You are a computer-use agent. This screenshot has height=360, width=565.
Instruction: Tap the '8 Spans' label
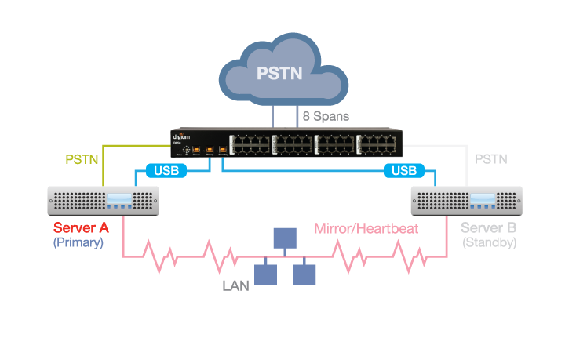coord(326,116)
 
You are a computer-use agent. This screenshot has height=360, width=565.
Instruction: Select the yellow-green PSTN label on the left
coord(81,159)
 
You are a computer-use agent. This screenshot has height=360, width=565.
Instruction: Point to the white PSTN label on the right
coord(491,159)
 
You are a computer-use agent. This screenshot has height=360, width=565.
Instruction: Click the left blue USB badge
coord(166,170)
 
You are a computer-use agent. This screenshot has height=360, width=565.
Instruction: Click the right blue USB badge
coord(404,170)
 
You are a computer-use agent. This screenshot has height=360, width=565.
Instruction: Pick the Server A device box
coord(104,201)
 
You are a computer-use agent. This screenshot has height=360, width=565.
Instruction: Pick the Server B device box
coord(467,201)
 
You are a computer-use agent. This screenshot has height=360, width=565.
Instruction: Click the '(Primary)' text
coord(78,243)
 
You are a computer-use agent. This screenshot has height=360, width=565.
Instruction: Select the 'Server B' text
coord(489,228)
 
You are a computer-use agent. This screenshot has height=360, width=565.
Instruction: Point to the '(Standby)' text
coord(490,243)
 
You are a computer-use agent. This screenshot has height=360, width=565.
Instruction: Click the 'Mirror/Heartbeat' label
coord(366,229)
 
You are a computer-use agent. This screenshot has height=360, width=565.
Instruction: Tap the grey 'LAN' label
coord(235,286)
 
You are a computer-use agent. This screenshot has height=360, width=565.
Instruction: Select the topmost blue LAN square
coord(284,238)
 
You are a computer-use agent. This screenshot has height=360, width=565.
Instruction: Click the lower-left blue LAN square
coord(266,274)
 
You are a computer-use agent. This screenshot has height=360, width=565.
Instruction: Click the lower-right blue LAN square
coord(303,274)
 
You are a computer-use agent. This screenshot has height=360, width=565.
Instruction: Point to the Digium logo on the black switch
coord(182,135)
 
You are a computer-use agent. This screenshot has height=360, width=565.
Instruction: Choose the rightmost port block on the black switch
coord(379,144)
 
